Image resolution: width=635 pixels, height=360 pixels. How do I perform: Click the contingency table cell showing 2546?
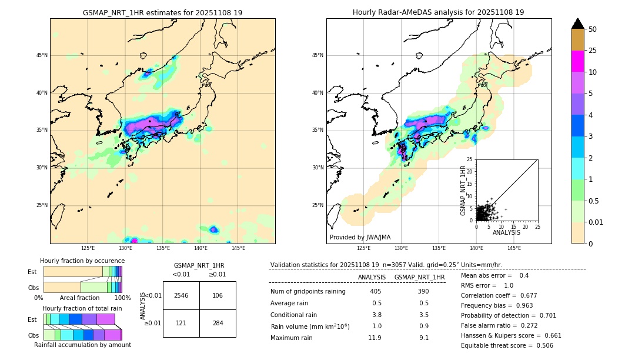(181, 295)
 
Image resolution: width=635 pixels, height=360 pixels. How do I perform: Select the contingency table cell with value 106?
(218, 295)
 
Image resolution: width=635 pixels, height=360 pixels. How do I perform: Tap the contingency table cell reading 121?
(181, 323)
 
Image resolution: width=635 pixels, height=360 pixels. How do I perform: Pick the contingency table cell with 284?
(218, 323)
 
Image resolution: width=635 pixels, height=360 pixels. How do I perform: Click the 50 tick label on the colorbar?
(593, 29)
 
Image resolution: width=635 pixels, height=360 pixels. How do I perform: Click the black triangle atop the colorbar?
(578, 24)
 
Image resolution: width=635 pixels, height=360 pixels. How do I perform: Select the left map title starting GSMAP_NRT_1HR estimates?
(162, 12)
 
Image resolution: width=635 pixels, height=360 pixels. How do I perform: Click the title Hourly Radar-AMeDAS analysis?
(438, 12)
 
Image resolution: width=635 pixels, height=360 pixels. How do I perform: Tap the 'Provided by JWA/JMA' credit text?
(360, 237)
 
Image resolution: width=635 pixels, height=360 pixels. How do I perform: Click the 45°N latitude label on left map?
(42, 55)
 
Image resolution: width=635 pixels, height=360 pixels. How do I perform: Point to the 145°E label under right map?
(514, 248)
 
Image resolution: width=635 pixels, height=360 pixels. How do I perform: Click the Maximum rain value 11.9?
(375, 338)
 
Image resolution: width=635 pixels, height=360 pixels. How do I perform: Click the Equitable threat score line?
(507, 345)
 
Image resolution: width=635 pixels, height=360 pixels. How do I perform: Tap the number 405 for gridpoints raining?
(375, 292)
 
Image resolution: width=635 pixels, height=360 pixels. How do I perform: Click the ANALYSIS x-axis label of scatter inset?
(506, 232)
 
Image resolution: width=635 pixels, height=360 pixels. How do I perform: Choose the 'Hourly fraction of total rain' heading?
(82, 308)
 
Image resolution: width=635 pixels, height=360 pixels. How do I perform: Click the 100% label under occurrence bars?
(122, 298)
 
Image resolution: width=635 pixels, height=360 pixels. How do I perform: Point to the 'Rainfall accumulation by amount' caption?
(82, 345)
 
